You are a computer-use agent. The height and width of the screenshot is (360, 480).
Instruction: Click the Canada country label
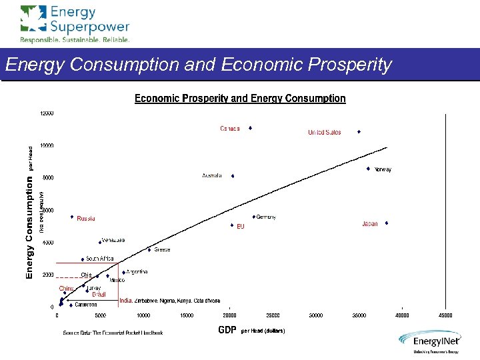click(x=230, y=129)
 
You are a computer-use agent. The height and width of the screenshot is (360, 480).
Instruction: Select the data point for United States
click(x=359, y=132)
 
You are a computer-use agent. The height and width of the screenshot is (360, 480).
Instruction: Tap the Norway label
click(x=383, y=169)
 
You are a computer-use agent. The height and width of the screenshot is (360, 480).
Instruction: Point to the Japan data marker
click(x=387, y=223)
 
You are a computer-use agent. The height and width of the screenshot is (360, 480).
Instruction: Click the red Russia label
click(x=86, y=219)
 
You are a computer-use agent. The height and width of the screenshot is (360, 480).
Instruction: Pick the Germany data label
click(x=266, y=217)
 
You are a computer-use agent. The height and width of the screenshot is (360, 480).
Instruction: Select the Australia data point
click(x=233, y=176)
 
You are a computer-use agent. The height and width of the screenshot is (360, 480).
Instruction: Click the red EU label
click(x=241, y=227)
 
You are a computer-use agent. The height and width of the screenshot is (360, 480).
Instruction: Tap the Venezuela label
click(x=113, y=240)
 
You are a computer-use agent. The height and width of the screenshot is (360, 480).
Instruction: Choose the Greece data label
click(x=162, y=250)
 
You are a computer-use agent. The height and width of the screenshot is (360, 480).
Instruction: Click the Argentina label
click(x=137, y=272)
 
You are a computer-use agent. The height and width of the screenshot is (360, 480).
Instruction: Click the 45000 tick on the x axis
click(x=445, y=315)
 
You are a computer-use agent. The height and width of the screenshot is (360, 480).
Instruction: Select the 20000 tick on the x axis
click(x=229, y=315)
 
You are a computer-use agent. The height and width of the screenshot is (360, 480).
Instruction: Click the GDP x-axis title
click(x=227, y=330)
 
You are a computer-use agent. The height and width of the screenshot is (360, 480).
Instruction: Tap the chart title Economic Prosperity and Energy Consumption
click(x=240, y=99)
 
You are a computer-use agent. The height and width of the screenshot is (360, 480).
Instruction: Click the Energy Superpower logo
click(x=75, y=23)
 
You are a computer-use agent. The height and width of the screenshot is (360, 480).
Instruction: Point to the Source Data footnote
click(x=113, y=333)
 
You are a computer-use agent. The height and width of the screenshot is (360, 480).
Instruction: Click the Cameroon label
click(x=85, y=305)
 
